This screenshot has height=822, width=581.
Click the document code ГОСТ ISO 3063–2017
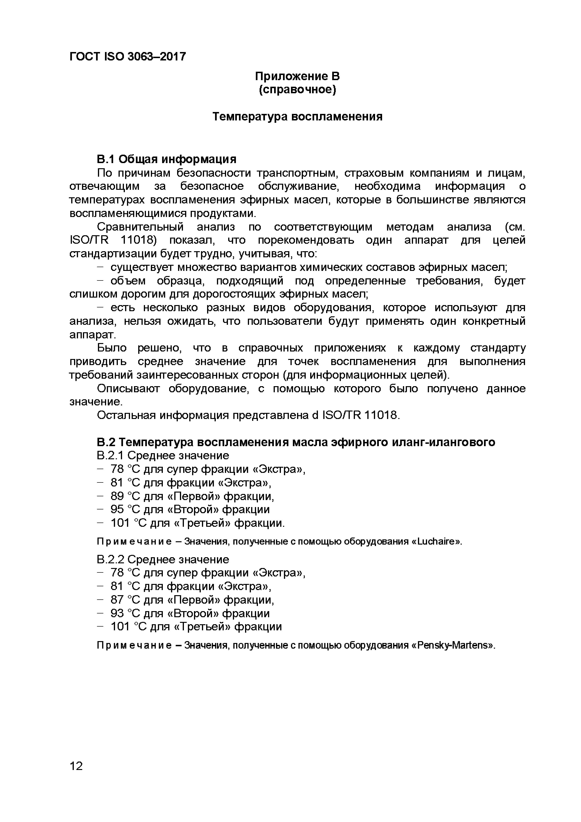click(127, 56)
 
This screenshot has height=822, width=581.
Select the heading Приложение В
click(297, 76)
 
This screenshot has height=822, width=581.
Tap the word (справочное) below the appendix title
click(297, 90)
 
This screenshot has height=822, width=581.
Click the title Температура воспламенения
click(297, 117)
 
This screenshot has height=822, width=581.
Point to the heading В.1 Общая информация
click(167, 159)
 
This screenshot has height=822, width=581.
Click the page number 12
click(76, 766)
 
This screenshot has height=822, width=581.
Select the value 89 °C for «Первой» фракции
click(117, 497)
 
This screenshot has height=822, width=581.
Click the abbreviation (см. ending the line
click(515, 227)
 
